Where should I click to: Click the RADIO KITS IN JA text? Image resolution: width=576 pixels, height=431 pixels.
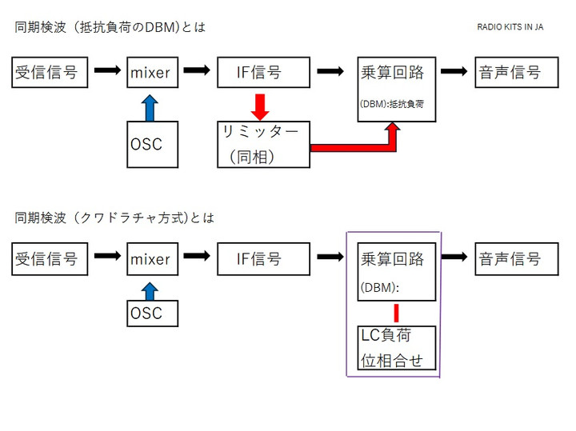[510, 26]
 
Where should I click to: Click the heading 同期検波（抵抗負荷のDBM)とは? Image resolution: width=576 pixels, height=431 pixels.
[110, 27]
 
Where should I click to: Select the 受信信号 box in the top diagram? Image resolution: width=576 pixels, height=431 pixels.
[49, 72]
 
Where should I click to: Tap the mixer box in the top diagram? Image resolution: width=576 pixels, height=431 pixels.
[152, 72]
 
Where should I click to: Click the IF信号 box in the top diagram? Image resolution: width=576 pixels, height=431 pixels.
[263, 72]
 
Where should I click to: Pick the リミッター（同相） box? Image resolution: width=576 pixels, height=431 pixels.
[263, 145]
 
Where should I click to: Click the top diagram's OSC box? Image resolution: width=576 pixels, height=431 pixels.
[152, 145]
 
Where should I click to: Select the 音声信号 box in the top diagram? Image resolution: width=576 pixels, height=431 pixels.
[516, 72]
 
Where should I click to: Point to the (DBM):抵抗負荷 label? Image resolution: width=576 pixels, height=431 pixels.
[396, 104]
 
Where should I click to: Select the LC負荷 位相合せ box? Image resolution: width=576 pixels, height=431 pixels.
[397, 348]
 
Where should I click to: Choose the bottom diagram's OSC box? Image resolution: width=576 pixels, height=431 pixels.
[152, 313]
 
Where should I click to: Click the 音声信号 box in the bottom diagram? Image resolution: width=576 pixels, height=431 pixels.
[516, 258]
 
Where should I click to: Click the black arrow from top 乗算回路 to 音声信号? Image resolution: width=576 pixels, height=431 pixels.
[454, 71]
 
